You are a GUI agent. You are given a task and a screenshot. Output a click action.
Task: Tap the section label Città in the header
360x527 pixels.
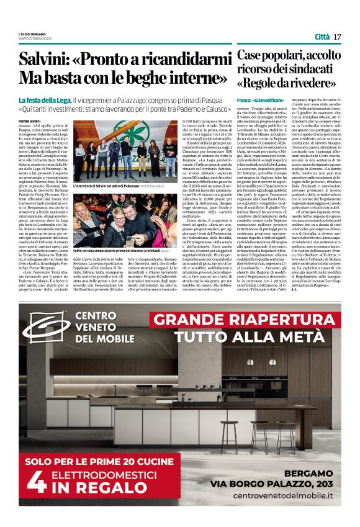(322, 37)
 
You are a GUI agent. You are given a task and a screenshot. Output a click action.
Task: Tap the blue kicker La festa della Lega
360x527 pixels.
(45, 100)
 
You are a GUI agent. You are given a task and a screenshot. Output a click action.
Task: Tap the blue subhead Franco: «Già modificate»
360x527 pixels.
(259, 100)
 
